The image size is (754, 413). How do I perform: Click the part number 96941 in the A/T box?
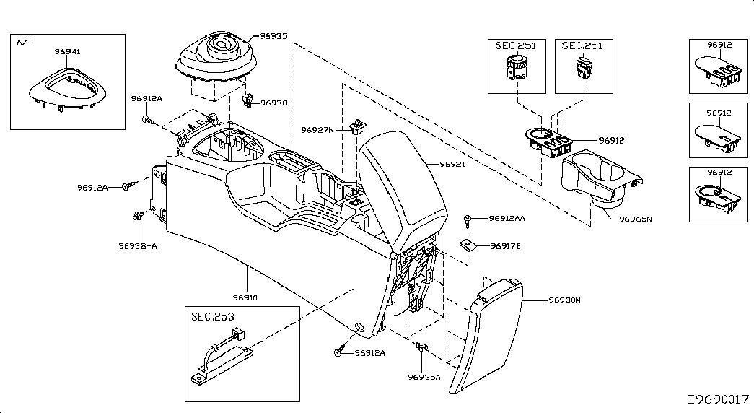[x=68, y=52]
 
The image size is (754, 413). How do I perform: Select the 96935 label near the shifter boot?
[x=273, y=35]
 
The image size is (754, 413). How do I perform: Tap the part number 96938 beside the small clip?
[x=274, y=103]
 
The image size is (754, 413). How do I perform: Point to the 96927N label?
[x=317, y=130]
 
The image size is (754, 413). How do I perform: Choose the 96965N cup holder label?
[x=635, y=218]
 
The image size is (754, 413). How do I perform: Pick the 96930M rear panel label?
[x=564, y=300]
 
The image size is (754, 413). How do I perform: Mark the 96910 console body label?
[x=245, y=297]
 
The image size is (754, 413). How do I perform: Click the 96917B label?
[x=505, y=246]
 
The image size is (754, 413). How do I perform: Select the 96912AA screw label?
[x=507, y=217]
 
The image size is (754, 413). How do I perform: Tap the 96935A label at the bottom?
[x=424, y=376]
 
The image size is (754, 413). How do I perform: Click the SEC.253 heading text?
[x=212, y=316]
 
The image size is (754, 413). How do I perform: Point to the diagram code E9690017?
[x=717, y=399]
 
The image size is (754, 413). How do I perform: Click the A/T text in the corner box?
[x=25, y=43]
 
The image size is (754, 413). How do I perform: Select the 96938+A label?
[x=137, y=245]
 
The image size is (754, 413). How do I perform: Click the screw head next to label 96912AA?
[x=469, y=217]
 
